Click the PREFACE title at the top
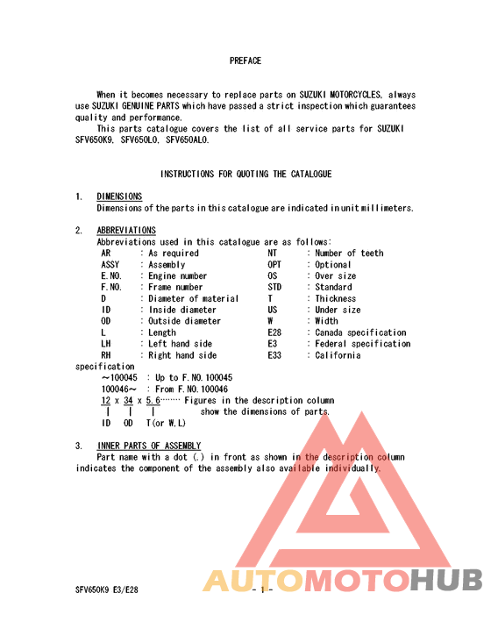point(245,61)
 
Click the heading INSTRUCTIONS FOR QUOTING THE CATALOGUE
point(245,175)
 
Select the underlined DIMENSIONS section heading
point(119,197)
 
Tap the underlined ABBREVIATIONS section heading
point(126,231)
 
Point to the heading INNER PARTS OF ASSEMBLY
point(148,446)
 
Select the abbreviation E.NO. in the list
point(111,276)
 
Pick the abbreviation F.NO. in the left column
point(111,288)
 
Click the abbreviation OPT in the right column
point(275,265)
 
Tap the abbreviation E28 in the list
point(275,333)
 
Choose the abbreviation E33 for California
point(275,356)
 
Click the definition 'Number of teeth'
point(349,254)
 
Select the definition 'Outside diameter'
point(185,322)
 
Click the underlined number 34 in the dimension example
point(128,401)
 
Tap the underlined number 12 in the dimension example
point(106,401)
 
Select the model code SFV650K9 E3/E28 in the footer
point(111,590)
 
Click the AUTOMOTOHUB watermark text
point(343,581)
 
